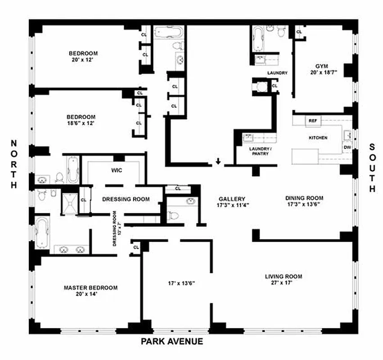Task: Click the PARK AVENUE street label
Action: click(172, 342)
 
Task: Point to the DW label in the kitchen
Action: click(347, 147)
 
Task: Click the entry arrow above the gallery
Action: click(218, 161)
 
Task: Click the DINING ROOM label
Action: click(304, 198)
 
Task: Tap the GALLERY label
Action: click(232, 199)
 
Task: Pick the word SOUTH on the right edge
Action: click(372, 168)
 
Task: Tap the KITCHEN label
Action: click(318, 138)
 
